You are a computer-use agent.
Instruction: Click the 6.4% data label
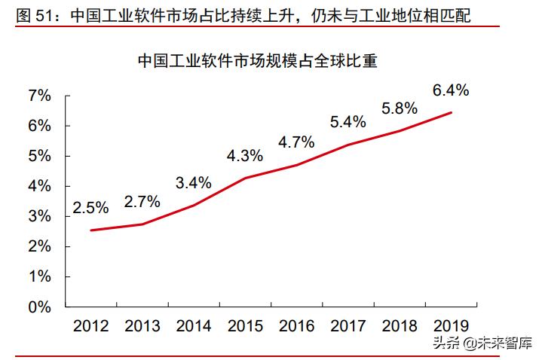point(451,90)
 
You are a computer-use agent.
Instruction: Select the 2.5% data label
point(90,207)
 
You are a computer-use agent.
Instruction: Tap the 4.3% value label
point(245,156)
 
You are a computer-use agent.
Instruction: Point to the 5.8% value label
point(400,108)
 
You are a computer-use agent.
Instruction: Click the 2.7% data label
point(142,201)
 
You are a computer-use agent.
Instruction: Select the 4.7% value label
point(296,142)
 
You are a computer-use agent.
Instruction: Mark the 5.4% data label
point(348,121)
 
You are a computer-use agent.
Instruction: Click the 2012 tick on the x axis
point(90,325)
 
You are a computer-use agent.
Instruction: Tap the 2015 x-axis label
point(245,325)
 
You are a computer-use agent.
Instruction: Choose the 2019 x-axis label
point(451,325)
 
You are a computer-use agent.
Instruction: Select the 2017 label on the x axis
point(348,325)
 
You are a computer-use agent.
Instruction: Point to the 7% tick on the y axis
point(39,96)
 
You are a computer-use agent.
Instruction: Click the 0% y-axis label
point(39,307)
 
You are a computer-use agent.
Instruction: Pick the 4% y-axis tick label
point(39,186)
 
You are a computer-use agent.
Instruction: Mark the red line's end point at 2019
point(451,113)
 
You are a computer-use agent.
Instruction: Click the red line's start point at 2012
point(91,230)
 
